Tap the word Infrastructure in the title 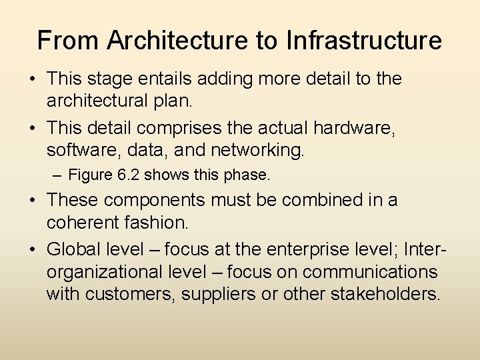coord(364,41)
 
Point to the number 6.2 coord(128,175)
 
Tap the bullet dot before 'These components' coord(32,199)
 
